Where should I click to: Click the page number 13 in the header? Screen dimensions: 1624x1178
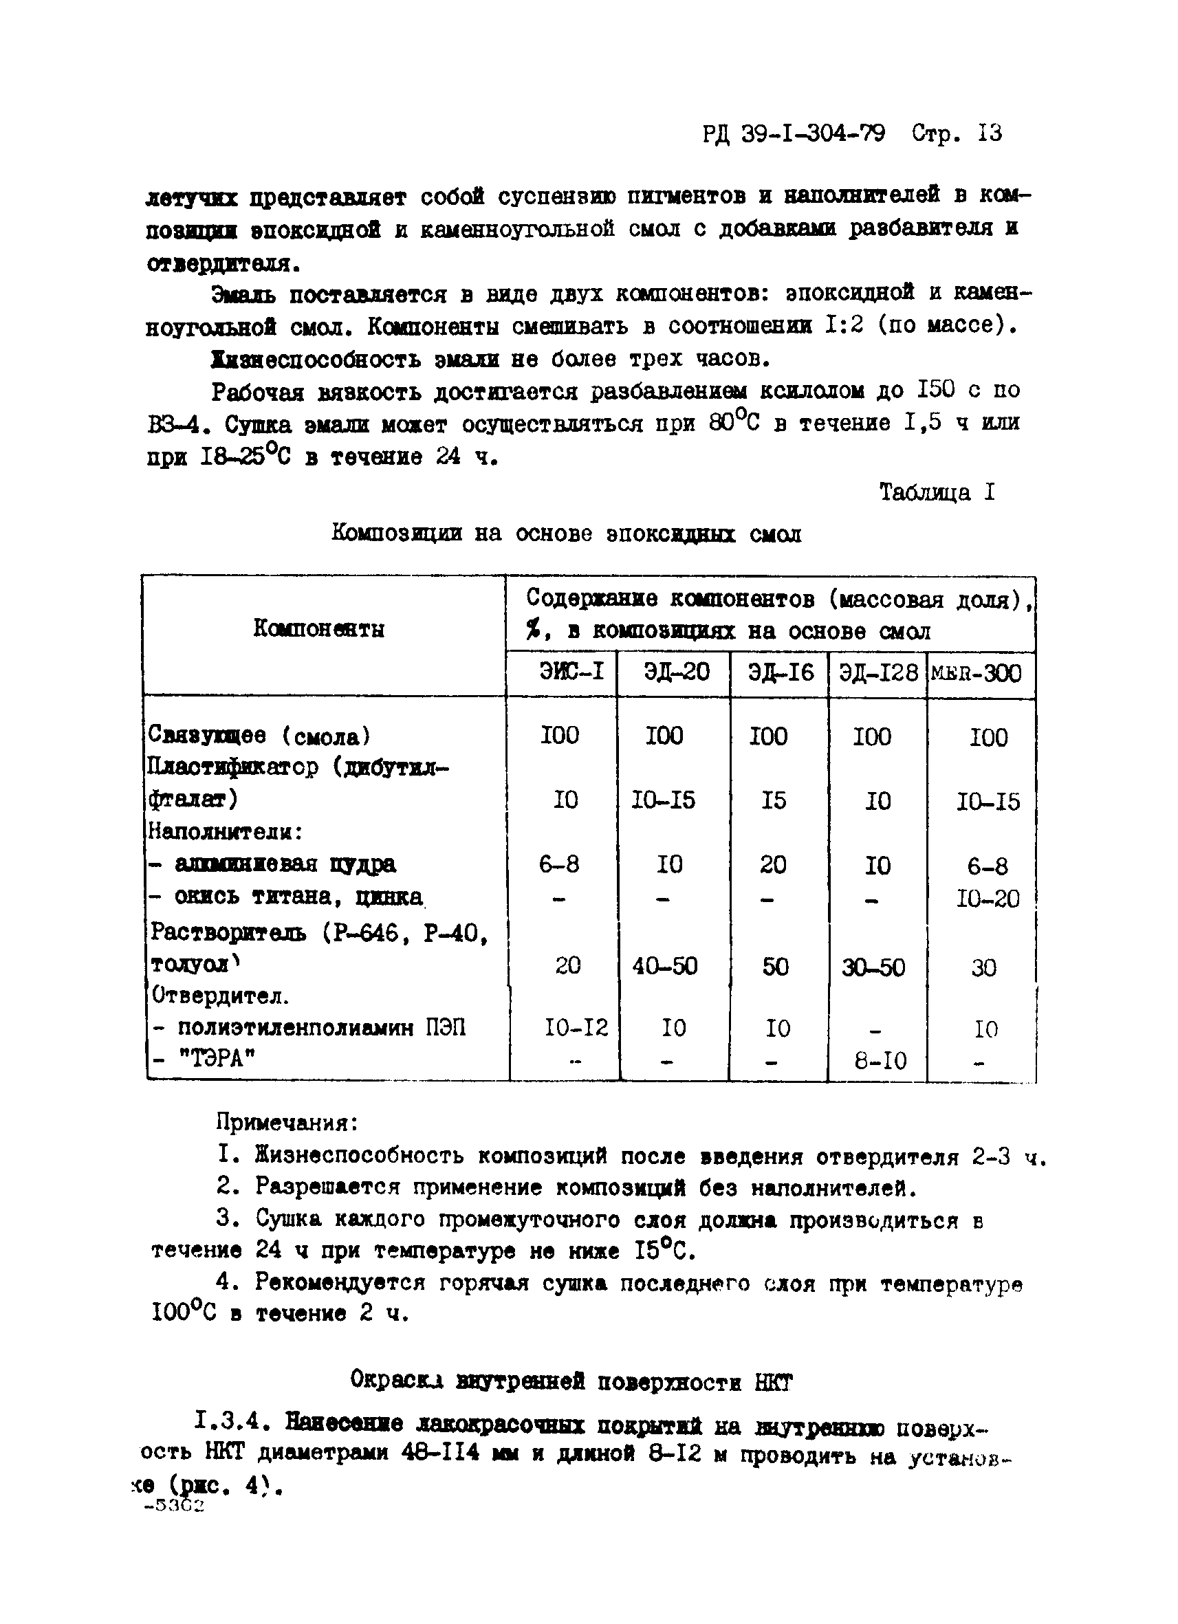tap(989, 133)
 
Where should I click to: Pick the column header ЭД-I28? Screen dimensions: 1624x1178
tap(878, 672)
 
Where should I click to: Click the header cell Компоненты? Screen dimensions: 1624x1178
tap(318, 628)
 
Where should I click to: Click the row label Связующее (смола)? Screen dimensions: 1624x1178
tap(259, 735)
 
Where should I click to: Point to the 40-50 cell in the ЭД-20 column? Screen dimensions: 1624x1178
tap(664, 966)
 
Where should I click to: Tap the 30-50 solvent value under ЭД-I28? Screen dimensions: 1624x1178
tap(873, 967)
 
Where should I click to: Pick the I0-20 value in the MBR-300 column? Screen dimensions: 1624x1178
tap(988, 899)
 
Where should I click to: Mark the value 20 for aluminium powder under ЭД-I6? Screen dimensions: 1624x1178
tap(773, 864)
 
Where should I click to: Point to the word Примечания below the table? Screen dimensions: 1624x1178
tap(287, 1122)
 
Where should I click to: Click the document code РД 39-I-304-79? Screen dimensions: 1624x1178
tap(793, 133)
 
